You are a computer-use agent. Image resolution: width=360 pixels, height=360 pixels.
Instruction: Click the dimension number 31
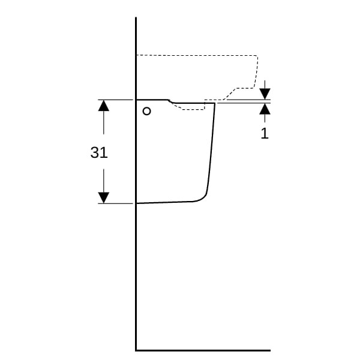point(99,152)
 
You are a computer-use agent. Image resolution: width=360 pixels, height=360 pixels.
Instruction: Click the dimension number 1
point(265,133)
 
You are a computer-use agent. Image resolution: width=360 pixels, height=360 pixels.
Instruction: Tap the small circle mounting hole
point(147,112)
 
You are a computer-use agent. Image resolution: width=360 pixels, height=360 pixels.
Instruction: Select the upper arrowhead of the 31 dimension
point(104,106)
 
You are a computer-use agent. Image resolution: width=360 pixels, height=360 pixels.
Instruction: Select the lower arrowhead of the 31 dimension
point(104,197)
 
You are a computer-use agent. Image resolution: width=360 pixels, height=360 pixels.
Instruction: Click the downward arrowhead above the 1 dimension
point(265,94)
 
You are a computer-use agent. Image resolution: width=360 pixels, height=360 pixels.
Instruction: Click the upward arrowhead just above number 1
point(265,109)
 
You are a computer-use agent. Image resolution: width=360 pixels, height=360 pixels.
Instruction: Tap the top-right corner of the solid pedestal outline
point(215,103)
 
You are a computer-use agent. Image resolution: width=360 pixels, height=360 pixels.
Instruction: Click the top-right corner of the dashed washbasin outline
point(257,56)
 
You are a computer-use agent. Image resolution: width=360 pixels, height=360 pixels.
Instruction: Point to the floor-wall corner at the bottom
point(136,350)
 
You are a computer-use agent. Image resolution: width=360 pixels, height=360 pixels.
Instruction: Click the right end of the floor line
point(270,350)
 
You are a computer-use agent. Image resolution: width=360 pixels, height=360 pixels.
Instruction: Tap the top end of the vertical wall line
point(136,17)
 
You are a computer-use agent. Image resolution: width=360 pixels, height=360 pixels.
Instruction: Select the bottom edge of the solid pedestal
point(164,202)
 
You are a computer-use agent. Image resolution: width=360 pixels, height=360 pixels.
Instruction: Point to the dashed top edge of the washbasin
point(197,55)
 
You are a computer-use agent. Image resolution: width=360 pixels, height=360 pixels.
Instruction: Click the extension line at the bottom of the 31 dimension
point(115,203)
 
